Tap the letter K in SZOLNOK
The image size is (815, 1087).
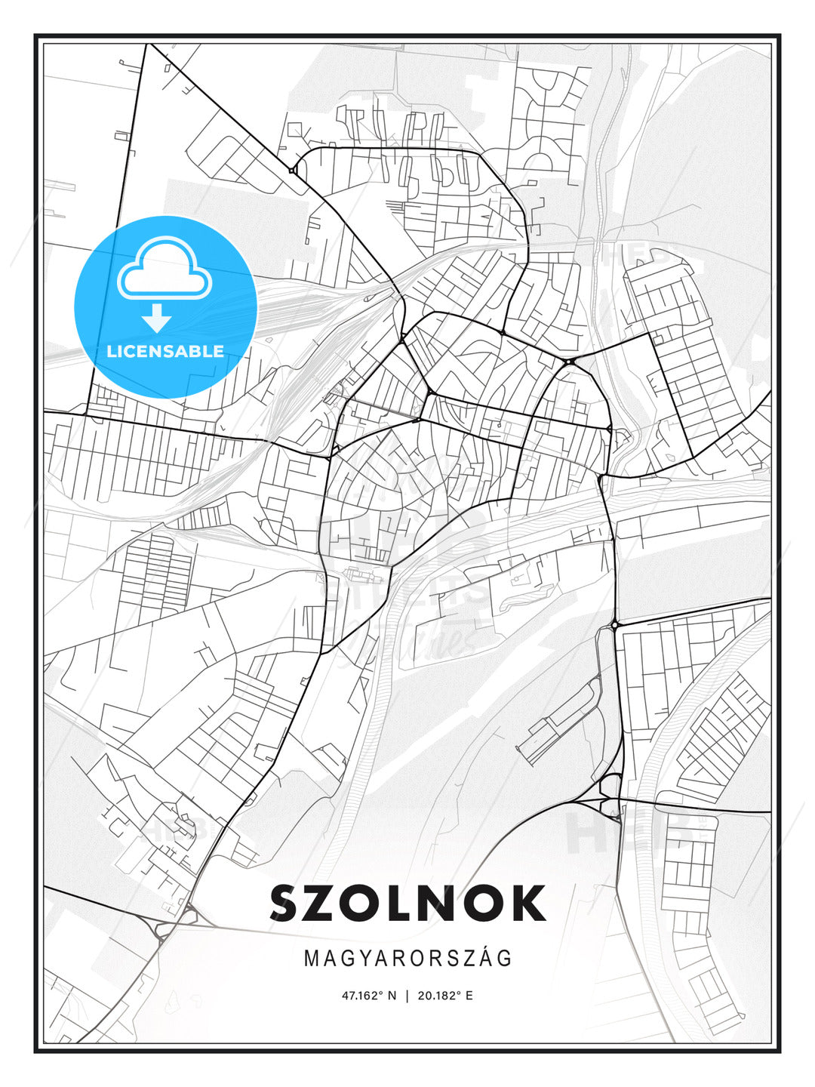[x=526, y=904]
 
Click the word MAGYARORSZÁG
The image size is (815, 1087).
[x=407, y=959]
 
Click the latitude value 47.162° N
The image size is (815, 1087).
[x=369, y=996]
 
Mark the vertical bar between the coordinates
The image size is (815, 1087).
[x=407, y=996]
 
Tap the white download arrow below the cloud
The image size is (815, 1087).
[x=157, y=319]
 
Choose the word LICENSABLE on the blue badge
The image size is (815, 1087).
[x=165, y=351]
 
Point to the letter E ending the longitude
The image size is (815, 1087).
[x=469, y=996]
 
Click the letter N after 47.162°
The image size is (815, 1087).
[x=392, y=996]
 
